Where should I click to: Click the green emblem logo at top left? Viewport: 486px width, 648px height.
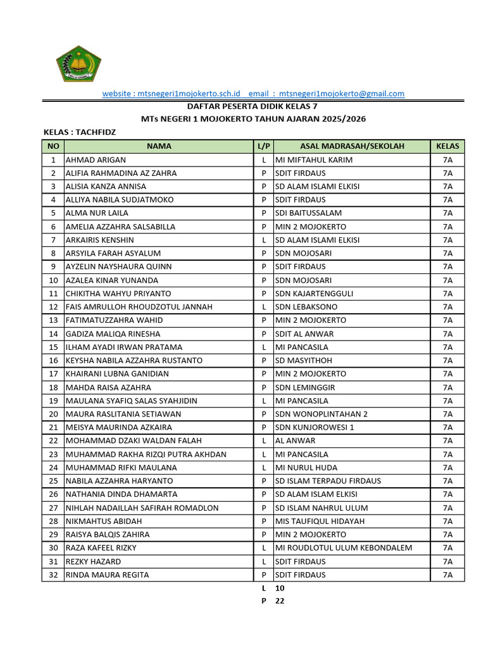(x=78, y=63)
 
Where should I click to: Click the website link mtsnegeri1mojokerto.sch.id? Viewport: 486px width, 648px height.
(x=167, y=94)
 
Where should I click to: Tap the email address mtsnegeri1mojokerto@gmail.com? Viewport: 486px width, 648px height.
(x=342, y=94)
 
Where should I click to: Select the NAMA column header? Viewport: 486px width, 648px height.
(x=159, y=146)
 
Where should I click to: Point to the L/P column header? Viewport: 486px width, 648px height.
(x=263, y=146)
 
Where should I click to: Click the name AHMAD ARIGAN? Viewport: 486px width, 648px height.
(x=96, y=160)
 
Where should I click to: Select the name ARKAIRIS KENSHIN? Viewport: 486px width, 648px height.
(x=100, y=240)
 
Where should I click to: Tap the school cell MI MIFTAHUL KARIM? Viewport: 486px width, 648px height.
(x=314, y=160)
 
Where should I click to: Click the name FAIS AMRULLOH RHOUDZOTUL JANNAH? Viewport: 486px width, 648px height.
(x=139, y=307)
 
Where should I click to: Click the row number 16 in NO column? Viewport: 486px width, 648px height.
(x=53, y=360)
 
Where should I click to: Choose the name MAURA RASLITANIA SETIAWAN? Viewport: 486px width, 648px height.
(x=123, y=414)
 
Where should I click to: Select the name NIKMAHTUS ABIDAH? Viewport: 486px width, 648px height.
(x=104, y=521)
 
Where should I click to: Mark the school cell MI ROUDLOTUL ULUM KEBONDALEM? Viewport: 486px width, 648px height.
(x=344, y=548)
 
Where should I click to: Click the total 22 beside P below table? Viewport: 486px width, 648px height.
(x=280, y=601)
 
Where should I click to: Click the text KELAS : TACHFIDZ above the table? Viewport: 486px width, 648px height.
(x=80, y=132)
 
